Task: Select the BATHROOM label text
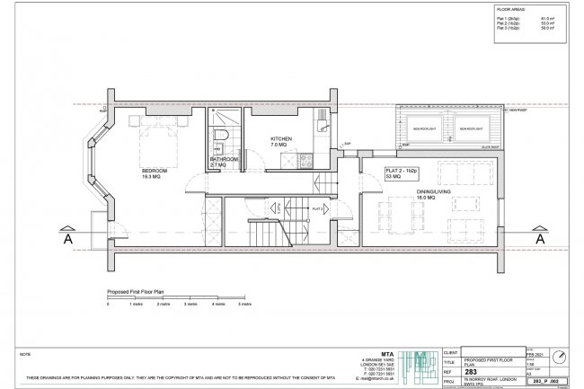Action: [x=224, y=159]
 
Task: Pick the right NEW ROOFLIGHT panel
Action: [x=473, y=129]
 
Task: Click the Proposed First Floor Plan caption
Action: [x=136, y=292]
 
